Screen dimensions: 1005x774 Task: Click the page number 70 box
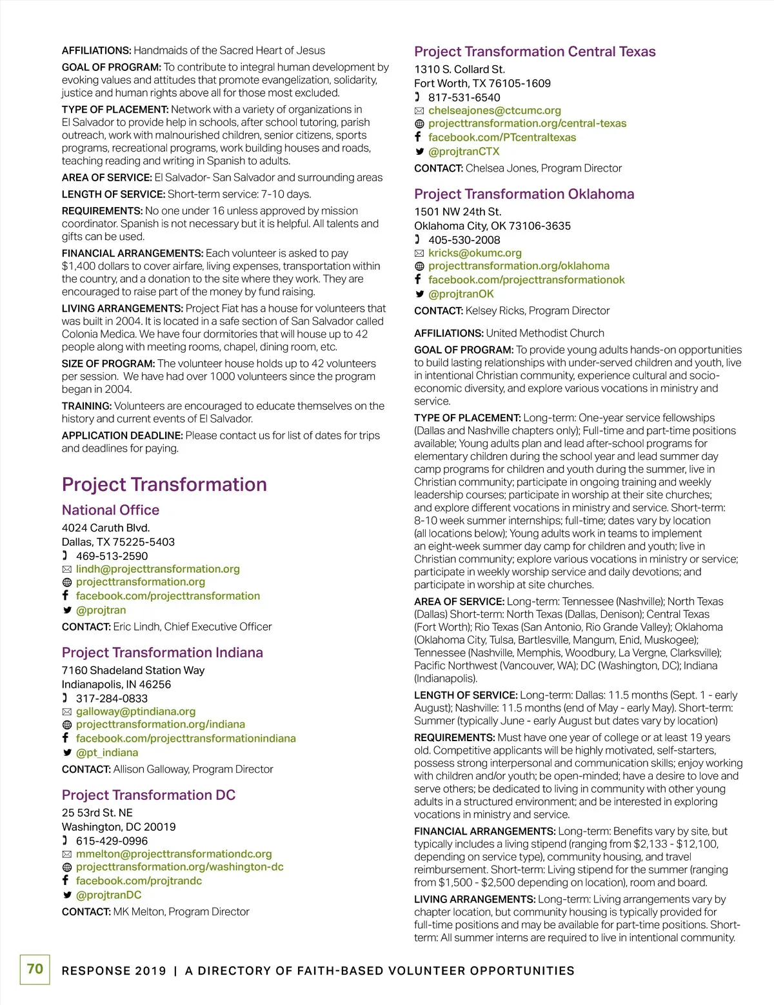(x=35, y=969)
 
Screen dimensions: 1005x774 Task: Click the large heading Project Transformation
(x=164, y=484)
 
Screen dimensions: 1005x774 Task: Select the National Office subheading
(x=110, y=510)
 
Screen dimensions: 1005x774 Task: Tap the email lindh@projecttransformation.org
(x=157, y=569)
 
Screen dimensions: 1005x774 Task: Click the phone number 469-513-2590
(x=112, y=556)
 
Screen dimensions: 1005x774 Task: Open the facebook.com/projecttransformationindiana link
(x=186, y=738)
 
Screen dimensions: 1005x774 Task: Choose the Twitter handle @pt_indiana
(x=107, y=752)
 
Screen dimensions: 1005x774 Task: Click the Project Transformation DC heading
(x=148, y=795)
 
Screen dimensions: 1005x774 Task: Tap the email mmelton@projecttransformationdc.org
(x=174, y=854)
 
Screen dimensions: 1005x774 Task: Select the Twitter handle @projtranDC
(x=108, y=895)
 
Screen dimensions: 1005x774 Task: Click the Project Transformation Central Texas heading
(x=535, y=52)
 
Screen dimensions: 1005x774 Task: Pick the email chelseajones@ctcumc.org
(x=495, y=110)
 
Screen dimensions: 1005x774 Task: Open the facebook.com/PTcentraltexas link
(x=502, y=137)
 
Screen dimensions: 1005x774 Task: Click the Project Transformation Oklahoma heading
(x=524, y=194)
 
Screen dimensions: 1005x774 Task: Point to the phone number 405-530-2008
(x=464, y=240)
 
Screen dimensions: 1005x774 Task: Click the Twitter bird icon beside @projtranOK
(x=419, y=294)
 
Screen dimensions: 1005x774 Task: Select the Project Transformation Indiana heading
(x=162, y=652)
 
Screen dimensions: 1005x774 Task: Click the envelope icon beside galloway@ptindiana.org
(x=66, y=712)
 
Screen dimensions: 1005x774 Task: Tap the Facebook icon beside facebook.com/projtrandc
(x=66, y=881)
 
